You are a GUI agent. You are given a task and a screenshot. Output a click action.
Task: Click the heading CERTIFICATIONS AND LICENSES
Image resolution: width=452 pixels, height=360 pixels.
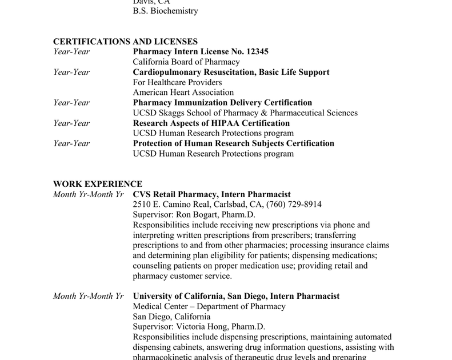pos(125,42)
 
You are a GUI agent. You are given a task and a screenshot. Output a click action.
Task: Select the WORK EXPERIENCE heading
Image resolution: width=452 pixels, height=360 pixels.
pos(98,184)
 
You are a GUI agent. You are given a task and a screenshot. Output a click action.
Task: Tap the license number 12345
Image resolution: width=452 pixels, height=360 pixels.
pos(257,52)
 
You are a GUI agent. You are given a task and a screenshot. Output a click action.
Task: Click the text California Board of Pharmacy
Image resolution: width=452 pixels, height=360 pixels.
pos(186,62)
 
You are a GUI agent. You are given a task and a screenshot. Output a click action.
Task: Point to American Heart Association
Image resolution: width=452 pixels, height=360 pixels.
pos(183,93)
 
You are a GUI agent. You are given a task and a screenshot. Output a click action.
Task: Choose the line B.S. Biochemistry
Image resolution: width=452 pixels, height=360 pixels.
pos(165,11)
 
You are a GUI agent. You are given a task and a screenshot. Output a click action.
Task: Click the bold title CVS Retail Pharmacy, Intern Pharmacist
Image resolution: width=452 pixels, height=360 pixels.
pos(211,195)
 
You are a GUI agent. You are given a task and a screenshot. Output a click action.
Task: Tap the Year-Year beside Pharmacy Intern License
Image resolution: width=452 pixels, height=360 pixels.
pos(71,52)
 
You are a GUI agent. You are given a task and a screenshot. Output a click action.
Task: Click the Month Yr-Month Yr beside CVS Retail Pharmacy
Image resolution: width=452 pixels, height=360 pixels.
pos(88,195)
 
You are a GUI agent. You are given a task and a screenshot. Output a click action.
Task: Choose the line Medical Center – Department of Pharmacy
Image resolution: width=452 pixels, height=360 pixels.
pos(209,307)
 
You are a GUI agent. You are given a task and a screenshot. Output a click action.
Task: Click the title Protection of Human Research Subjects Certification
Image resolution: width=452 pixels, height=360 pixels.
pos(233,143)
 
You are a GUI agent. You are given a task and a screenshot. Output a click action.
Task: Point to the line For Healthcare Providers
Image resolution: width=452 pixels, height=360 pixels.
pos(177,82)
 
